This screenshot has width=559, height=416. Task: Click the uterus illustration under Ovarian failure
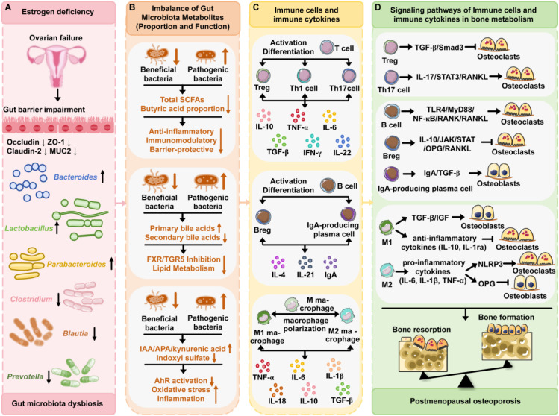pyautogui.click(x=57, y=63)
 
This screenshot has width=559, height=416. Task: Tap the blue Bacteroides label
pyautogui.click(x=75, y=177)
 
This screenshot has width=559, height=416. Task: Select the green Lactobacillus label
pyautogui.click(x=29, y=228)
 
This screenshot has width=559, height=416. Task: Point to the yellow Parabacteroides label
pyautogui.click(x=76, y=264)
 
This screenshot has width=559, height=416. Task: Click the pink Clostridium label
pyautogui.click(x=31, y=299)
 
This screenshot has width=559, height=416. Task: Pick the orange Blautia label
pyautogui.click(x=75, y=333)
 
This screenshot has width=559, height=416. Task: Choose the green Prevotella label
pyautogui.click(x=25, y=376)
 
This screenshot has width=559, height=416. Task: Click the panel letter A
pyautogui.click(x=7, y=7)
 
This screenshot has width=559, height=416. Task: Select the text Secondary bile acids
pyautogui.click(x=183, y=237)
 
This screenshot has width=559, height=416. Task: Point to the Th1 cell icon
pyautogui.click(x=304, y=75)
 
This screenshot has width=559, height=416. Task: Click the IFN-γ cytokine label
pyautogui.click(x=312, y=152)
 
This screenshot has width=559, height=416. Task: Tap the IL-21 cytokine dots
pyautogui.click(x=305, y=262)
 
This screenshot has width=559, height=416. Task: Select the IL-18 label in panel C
pyautogui.click(x=278, y=401)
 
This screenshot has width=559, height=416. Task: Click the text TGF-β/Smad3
pyautogui.click(x=439, y=48)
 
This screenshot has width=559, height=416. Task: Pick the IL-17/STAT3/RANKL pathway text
pyautogui.click(x=452, y=77)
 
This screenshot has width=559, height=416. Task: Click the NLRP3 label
pyautogui.click(x=490, y=264)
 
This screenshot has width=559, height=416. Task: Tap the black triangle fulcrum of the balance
pyautogui.click(x=466, y=382)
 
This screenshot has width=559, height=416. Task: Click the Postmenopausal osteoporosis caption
pyautogui.click(x=465, y=401)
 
